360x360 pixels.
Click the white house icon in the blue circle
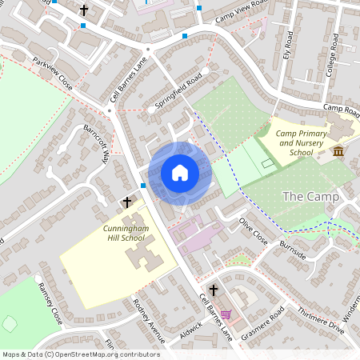click(x=180, y=172)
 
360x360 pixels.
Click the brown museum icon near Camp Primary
click(x=338, y=151)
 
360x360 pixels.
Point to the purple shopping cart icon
click(x=226, y=314)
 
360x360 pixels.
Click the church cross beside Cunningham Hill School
click(x=126, y=205)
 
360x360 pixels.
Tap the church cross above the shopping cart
click(x=214, y=290)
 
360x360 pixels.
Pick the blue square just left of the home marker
click(x=143, y=186)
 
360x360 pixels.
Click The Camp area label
click(x=311, y=197)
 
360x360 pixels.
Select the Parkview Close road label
click(x=53, y=74)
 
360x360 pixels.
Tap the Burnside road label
click(x=292, y=250)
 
